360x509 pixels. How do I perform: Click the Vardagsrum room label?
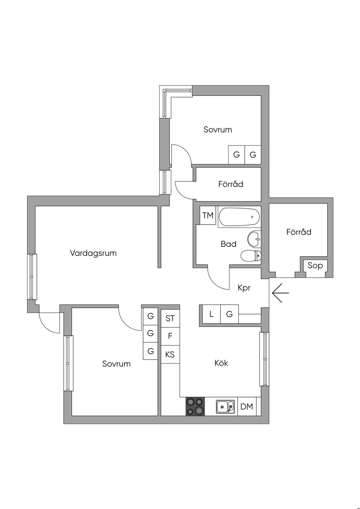[x=93, y=253]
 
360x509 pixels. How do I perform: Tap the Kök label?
[x=221, y=363]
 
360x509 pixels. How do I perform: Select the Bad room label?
[x=229, y=244]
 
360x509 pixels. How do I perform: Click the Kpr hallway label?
[x=244, y=288]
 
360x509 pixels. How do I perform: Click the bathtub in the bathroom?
[x=239, y=217]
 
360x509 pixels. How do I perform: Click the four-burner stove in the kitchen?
[x=195, y=406]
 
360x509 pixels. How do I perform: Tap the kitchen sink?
[x=225, y=407]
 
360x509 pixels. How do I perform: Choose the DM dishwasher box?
[x=247, y=406]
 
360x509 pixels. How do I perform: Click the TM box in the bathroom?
[x=208, y=215]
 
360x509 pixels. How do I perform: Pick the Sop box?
[x=315, y=266]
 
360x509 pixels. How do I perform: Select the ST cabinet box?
[x=170, y=318]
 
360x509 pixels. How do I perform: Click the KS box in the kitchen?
[x=170, y=354]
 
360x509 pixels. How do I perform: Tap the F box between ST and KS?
[x=170, y=336]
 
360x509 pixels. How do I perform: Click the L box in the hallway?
[x=211, y=314]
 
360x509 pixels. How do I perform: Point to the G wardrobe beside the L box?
[x=230, y=314]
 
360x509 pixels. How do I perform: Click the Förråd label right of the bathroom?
[x=298, y=232]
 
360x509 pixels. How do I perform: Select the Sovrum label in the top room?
[x=218, y=129]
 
